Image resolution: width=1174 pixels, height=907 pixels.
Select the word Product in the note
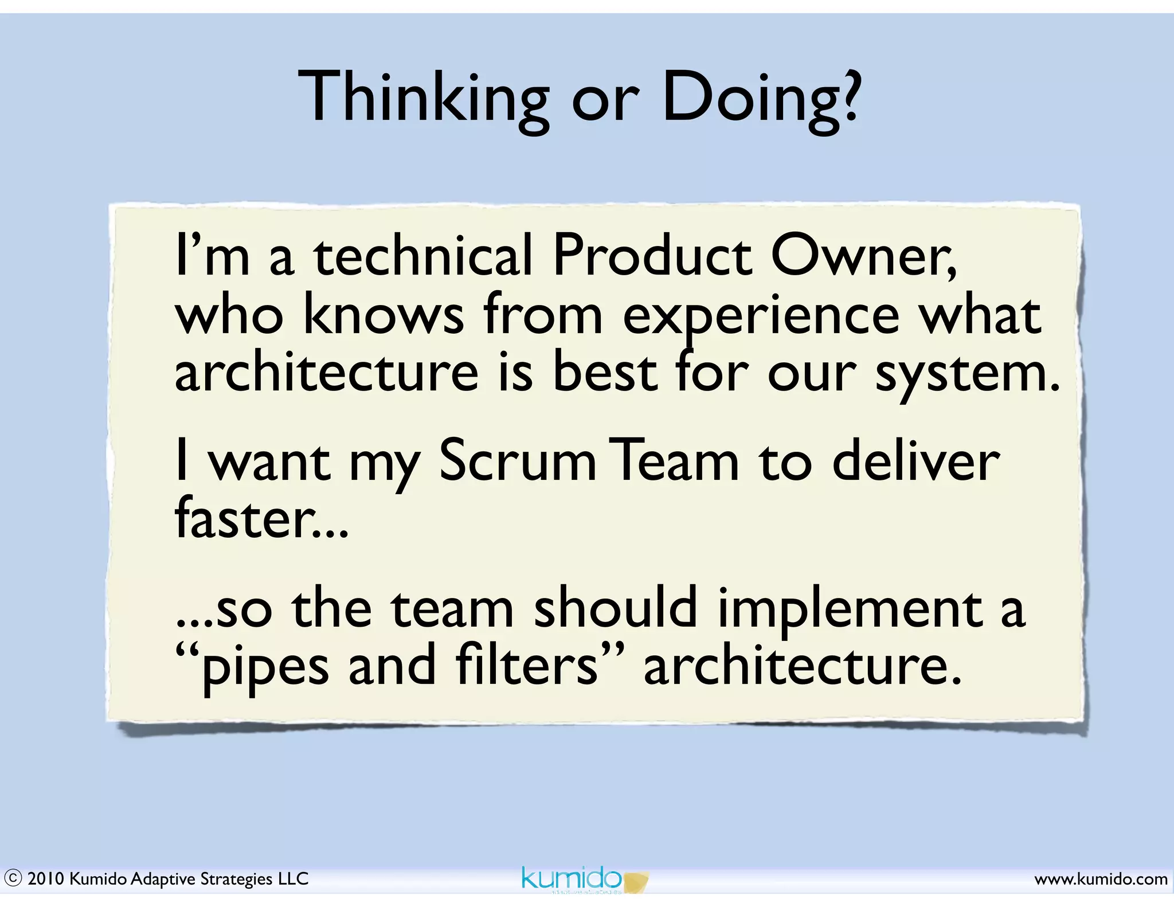(x=652, y=256)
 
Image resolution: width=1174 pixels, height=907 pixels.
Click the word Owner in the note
(x=863, y=256)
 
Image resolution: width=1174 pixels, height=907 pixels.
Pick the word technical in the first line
(x=423, y=256)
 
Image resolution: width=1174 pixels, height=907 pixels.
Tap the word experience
(x=761, y=317)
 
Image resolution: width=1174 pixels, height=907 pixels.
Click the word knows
(x=383, y=316)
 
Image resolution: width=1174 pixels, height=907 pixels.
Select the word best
(x=605, y=373)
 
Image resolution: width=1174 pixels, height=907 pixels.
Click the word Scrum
(x=517, y=462)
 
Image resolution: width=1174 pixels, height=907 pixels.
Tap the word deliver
(x=915, y=461)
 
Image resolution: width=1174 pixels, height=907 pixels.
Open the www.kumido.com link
(x=1100, y=879)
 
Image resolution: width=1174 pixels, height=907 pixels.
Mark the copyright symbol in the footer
(x=13, y=878)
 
